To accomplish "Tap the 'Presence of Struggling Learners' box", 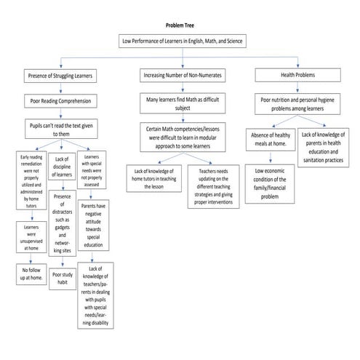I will click(59, 75).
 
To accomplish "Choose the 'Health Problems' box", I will click(299, 75).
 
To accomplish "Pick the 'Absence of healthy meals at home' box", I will click(269, 143).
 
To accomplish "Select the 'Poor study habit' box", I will click(63, 280).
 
